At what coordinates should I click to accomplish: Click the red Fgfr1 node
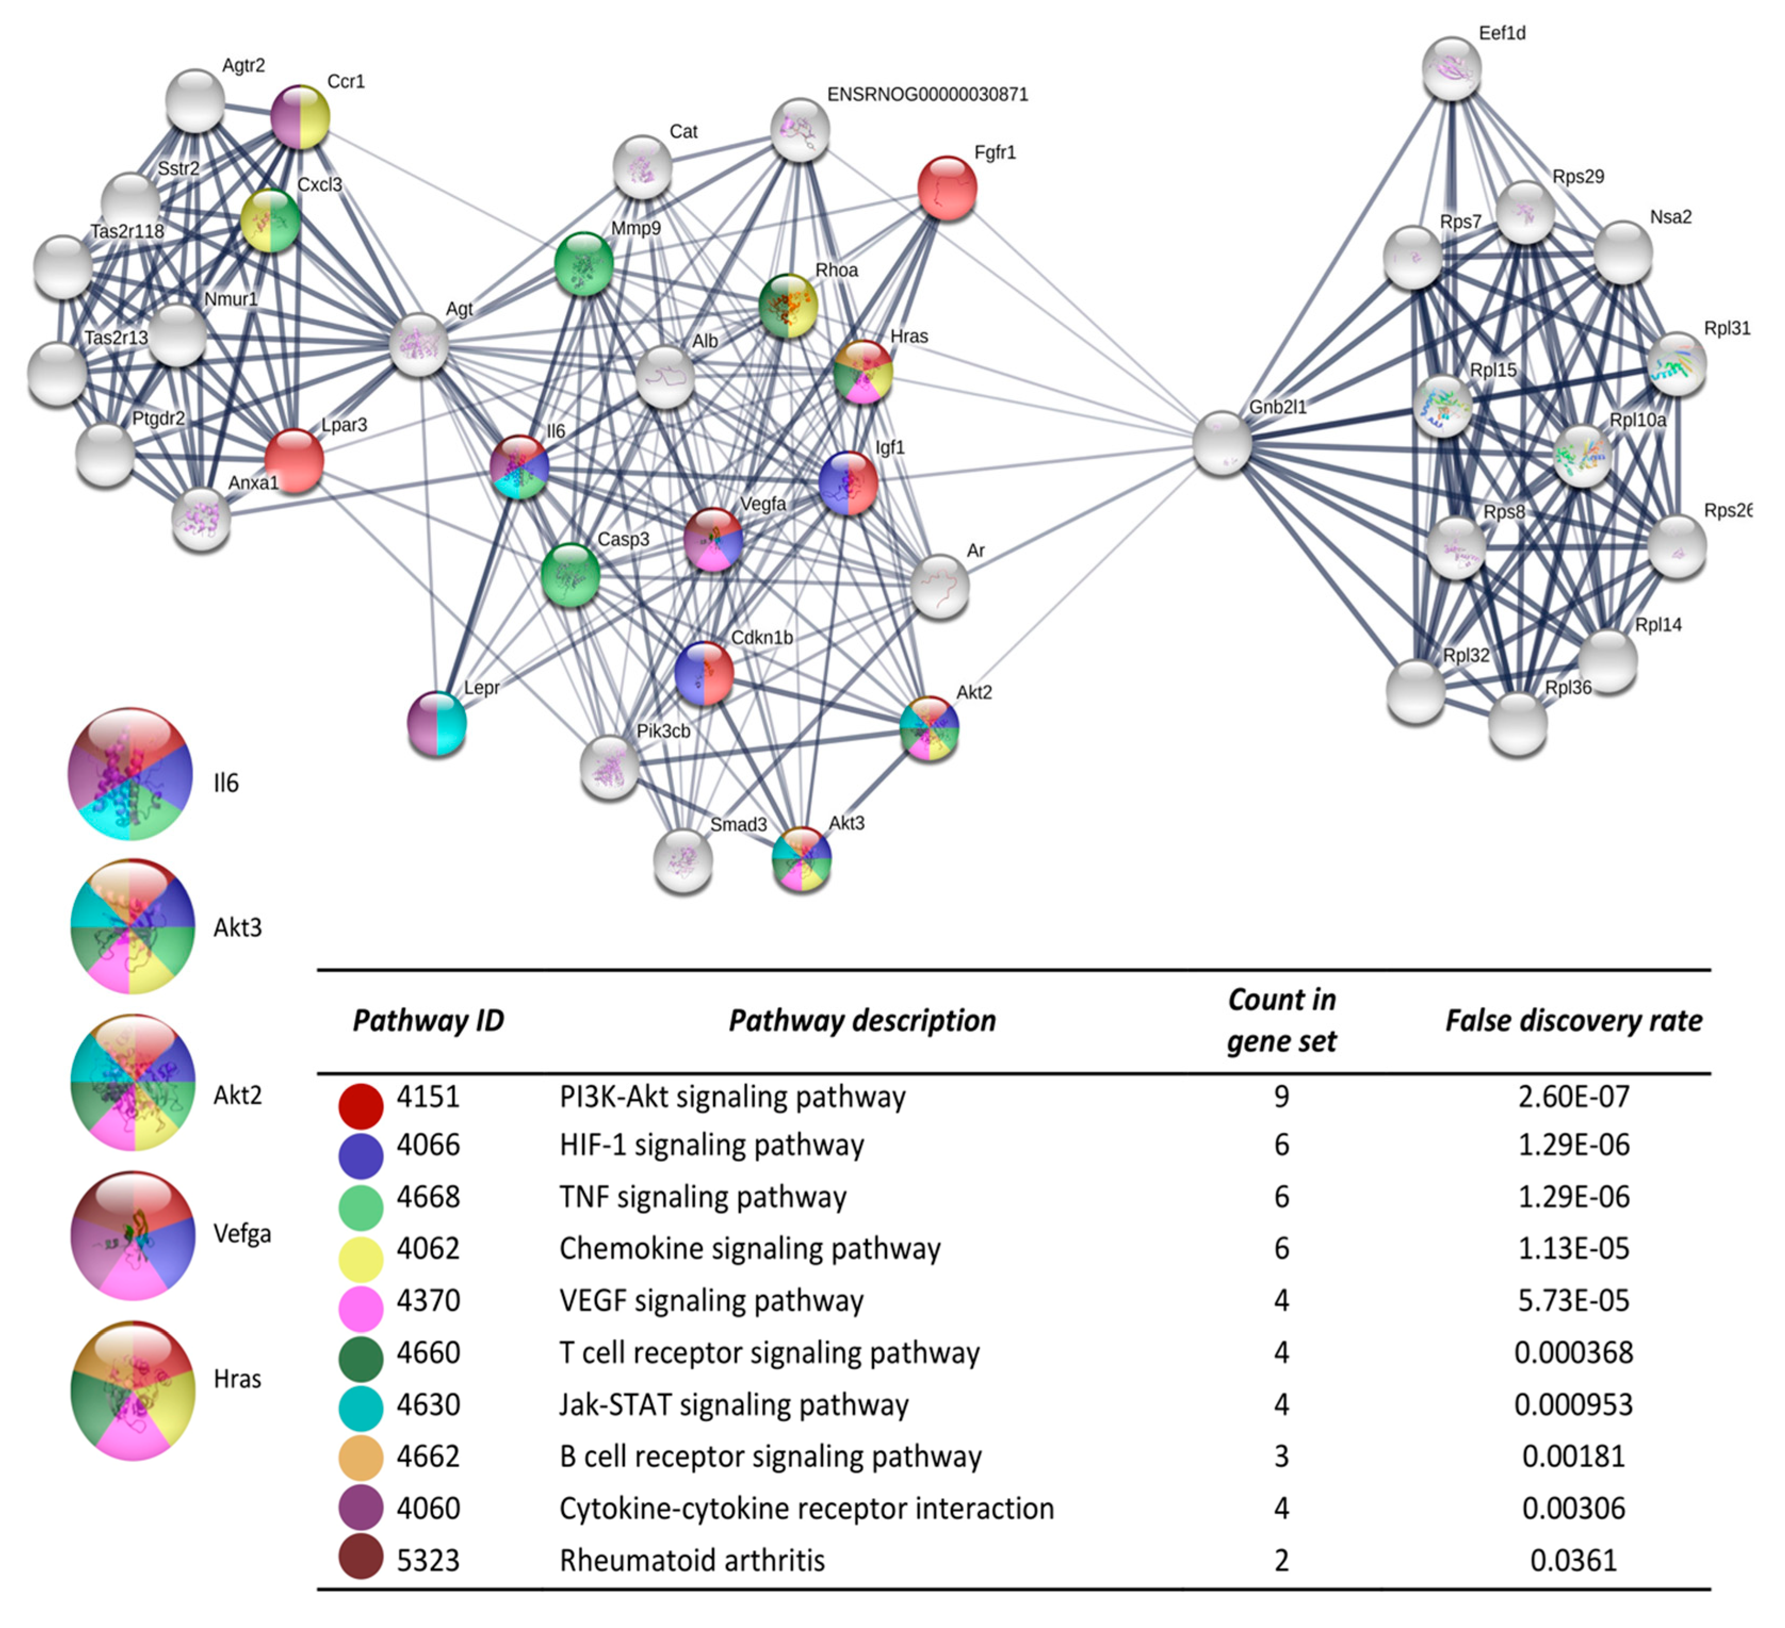(x=947, y=187)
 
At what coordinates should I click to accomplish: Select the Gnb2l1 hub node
(x=1222, y=443)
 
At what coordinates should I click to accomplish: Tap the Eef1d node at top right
(x=1451, y=68)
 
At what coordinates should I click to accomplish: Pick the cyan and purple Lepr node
(x=436, y=723)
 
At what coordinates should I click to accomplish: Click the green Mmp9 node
(x=583, y=264)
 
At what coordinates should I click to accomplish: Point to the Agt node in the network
(x=419, y=345)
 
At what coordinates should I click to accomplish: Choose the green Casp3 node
(x=570, y=575)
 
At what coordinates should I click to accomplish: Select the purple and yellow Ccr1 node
(x=299, y=117)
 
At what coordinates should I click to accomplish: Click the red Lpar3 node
(x=294, y=460)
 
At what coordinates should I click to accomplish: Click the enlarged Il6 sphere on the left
(x=130, y=774)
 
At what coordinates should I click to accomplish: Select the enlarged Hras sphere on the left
(x=133, y=1390)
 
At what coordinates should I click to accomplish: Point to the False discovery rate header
(x=1574, y=1021)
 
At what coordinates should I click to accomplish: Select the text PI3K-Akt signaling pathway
(x=732, y=1098)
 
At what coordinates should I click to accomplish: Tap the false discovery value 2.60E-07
(x=1574, y=1098)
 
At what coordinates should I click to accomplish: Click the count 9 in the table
(x=1281, y=1098)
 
